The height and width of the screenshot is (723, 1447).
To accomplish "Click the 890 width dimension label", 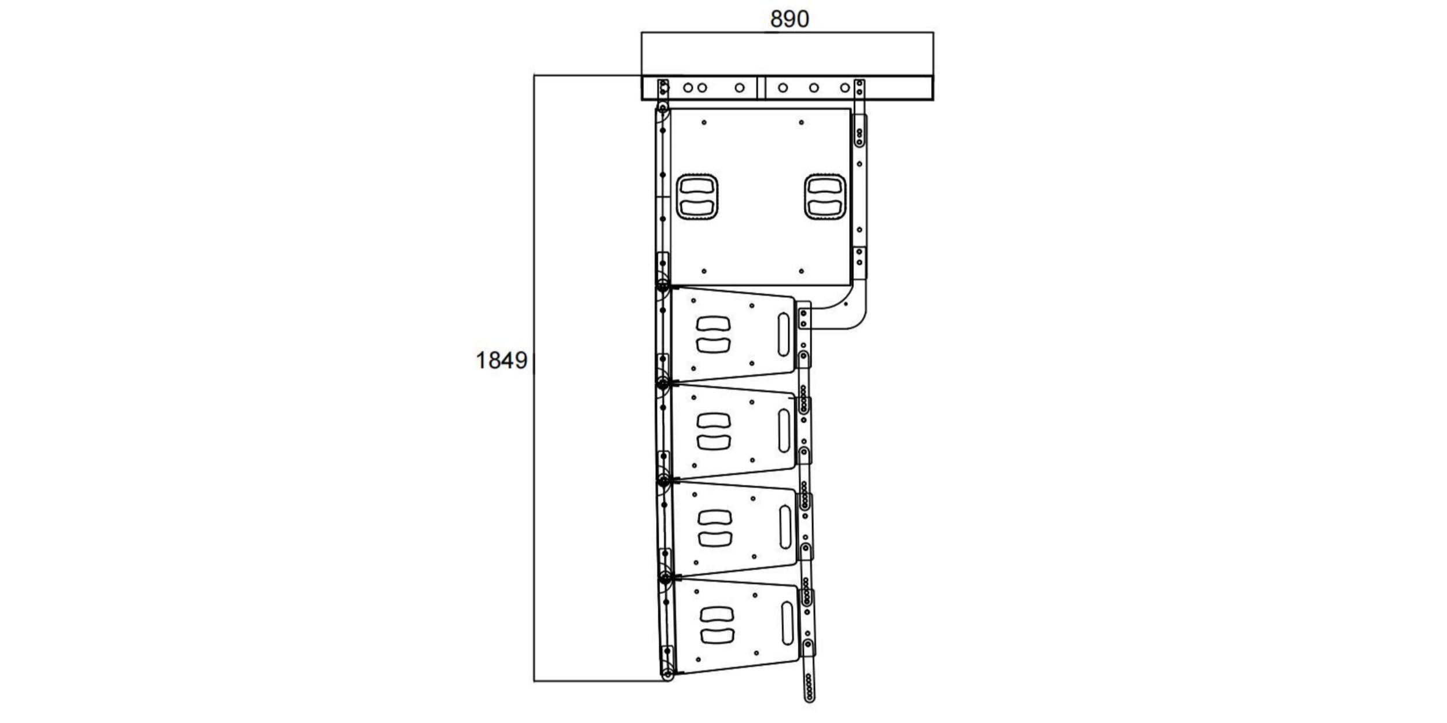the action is (789, 19).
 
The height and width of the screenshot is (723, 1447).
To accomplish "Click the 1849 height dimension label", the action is (501, 360).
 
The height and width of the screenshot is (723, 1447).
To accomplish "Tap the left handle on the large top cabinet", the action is (697, 197).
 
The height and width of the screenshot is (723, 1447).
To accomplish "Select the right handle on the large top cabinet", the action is (825, 197).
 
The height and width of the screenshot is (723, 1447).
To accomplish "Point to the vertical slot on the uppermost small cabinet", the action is (783, 334).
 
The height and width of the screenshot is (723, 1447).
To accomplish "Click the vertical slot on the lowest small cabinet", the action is (787, 623).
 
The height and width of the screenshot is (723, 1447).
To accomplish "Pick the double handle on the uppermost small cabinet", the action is (714, 334).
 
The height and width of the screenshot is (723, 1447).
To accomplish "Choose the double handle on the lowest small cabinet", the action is (717, 625).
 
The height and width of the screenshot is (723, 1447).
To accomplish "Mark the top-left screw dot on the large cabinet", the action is (704, 123).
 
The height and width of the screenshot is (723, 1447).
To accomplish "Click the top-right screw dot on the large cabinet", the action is (801, 123).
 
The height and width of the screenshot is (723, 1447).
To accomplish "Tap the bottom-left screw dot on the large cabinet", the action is (704, 271).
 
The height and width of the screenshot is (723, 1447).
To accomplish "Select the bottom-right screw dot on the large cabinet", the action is (801, 271).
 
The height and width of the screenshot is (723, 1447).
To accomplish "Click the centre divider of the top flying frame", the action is (761, 88).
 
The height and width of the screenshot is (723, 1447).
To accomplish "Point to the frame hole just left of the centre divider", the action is (739, 88).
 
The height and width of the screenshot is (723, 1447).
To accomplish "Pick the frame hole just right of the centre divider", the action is (783, 88).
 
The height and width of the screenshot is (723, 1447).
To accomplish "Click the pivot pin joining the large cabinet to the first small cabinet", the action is (663, 286).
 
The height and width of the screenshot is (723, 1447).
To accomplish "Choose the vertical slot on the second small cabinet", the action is (784, 431).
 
